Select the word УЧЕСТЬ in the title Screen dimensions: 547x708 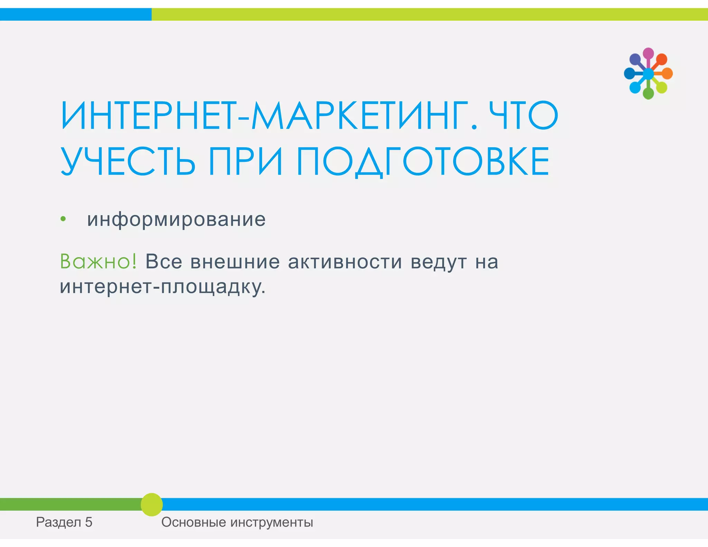pyautogui.click(x=128, y=161)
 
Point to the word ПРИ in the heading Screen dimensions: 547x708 pyautogui.click(x=245, y=161)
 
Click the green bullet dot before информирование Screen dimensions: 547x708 pyautogui.click(x=63, y=219)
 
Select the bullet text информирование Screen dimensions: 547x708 pyautogui.click(x=176, y=220)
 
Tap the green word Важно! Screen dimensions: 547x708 pyautogui.click(x=99, y=261)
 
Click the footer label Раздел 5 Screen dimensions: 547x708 pyautogui.click(x=64, y=522)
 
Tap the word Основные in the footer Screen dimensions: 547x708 pyautogui.click(x=194, y=522)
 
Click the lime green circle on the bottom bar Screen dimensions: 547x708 pyautogui.click(x=152, y=504)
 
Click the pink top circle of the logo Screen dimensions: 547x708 pyautogui.click(x=648, y=53)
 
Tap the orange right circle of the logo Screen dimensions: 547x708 pyautogui.click(x=667, y=74)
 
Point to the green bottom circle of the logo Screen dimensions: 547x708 pyautogui.click(x=648, y=94)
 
